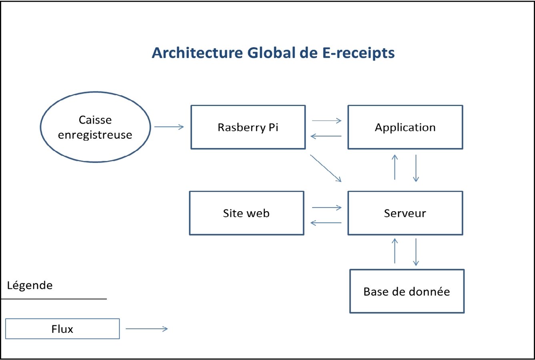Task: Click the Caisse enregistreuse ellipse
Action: pyautogui.click(x=95, y=127)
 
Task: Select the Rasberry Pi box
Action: pyautogui.click(x=248, y=127)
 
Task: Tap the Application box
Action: pyautogui.click(x=405, y=127)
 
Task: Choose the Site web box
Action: pyautogui.click(x=246, y=213)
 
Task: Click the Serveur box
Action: pyautogui.click(x=405, y=213)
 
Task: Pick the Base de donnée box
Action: pyautogui.click(x=407, y=291)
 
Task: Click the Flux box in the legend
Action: pyautogui.click(x=62, y=329)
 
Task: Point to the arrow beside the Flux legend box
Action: pyautogui.click(x=146, y=329)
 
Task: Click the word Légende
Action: pyautogui.click(x=30, y=285)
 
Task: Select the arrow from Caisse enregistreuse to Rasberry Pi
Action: pyautogui.click(x=169, y=127)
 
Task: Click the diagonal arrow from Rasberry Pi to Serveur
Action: pyautogui.click(x=326, y=168)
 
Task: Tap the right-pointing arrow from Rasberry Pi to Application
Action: pyautogui.click(x=327, y=120)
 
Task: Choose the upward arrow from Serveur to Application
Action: pyautogui.click(x=395, y=167)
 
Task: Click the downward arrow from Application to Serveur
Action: pyautogui.click(x=416, y=168)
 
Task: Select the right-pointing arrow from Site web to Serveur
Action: pyautogui.click(x=327, y=208)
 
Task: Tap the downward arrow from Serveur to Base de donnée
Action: pyautogui.click(x=416, y=252)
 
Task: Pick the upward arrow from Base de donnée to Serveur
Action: pyautogui.click(x=395, y=251)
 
